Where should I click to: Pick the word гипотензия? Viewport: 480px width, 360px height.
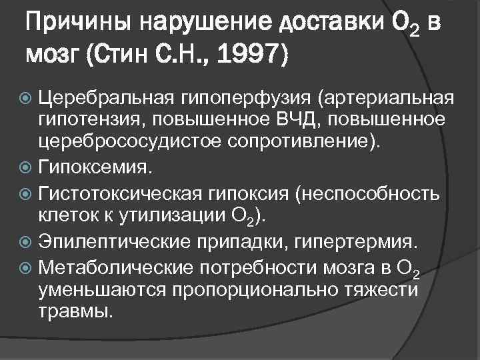[x=87, y=121]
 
